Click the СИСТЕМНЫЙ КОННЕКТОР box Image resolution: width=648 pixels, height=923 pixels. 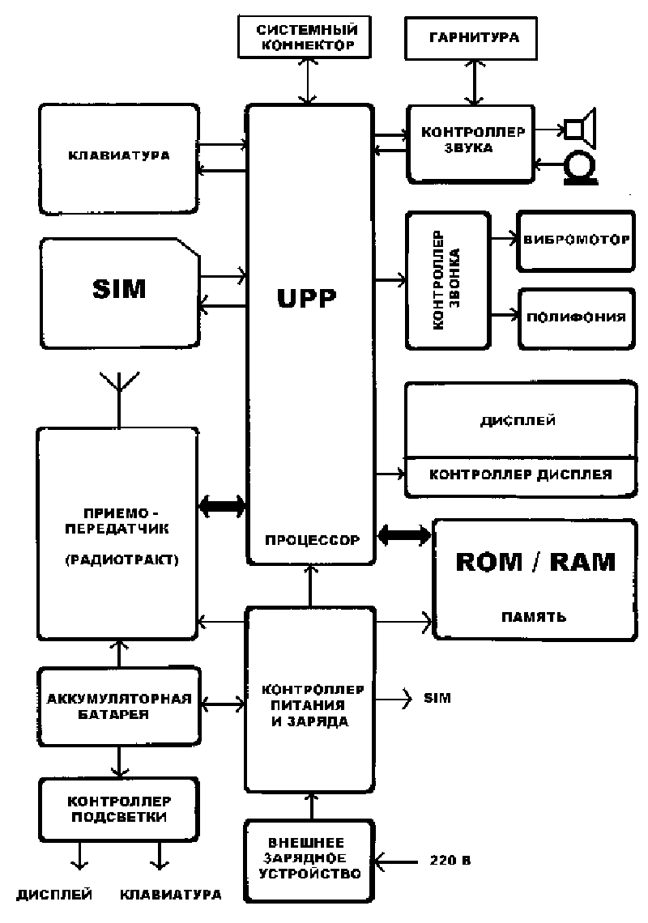305,37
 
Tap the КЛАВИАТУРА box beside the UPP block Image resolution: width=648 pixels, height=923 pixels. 118,156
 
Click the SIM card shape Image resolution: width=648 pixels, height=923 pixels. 118,288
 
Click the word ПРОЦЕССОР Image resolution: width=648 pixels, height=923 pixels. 310,540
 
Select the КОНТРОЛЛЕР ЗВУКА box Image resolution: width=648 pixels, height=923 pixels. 471,142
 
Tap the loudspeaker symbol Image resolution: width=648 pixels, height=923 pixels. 581,127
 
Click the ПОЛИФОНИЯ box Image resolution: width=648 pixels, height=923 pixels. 574,317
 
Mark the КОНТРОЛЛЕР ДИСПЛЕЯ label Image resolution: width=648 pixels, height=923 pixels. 519,474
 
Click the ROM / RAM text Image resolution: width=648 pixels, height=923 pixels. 535,562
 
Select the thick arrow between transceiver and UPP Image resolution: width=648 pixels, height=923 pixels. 222,507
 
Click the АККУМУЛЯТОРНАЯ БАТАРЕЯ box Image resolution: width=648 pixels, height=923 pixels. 118,704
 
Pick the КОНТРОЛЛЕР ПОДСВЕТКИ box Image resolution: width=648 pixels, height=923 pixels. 118,809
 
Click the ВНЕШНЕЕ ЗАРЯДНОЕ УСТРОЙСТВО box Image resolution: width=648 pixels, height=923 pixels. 309,861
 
